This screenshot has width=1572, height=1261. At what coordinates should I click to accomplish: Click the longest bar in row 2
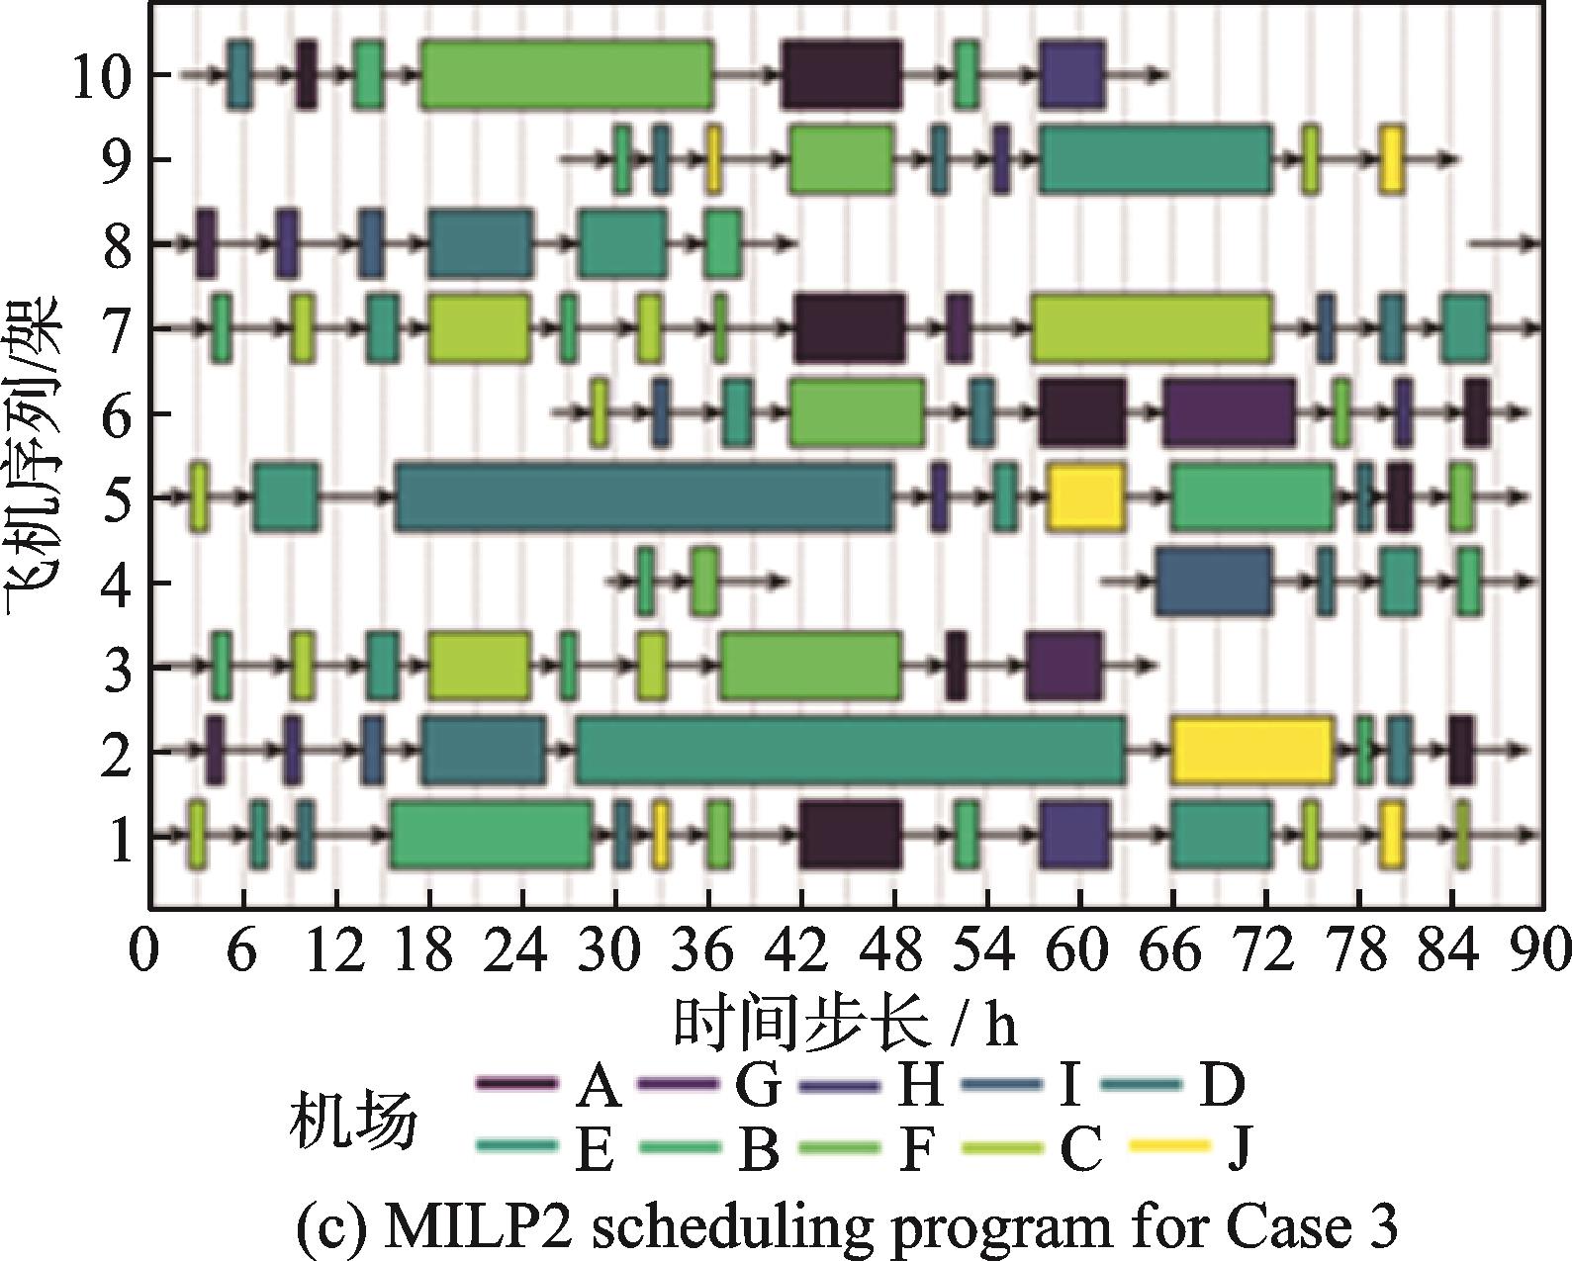click(x=851, y=751)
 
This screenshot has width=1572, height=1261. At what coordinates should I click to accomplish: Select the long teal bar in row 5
click(x=644, y=496)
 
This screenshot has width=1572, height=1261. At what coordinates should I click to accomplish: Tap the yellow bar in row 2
click(x=1252, y=751)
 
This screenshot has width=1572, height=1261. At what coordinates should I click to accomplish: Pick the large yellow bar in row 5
click(x=1086, y=496)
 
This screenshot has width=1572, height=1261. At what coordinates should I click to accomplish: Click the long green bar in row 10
click(x=567, y=74)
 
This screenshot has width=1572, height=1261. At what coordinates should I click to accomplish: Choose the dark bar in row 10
click(x=842, y=74)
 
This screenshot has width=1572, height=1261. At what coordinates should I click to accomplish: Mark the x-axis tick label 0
click(x=145, y=952)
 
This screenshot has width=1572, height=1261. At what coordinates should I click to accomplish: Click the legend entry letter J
click(x=1239, y=1149)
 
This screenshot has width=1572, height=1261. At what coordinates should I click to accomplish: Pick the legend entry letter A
click(x=597, y=1087)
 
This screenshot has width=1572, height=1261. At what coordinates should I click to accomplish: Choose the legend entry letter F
click(x=917, y=1149)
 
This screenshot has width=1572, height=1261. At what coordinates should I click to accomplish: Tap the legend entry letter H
click(x=920, y=1087)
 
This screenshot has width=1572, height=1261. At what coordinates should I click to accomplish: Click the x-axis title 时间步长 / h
click(x=846, y=1024)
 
